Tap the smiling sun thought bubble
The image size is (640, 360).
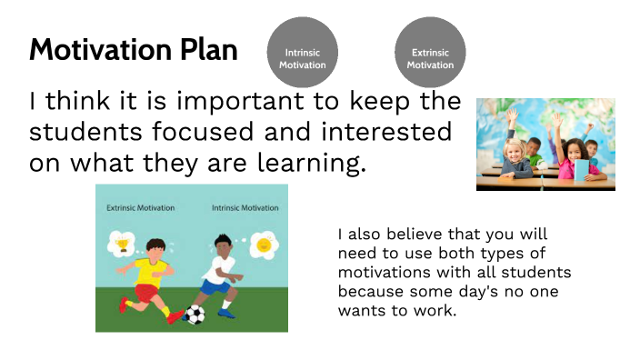(x=263, y=244)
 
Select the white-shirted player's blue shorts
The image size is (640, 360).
(x=216, y=287)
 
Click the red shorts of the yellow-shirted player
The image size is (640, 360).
(x=145, y=291)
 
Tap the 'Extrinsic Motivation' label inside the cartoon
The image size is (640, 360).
(x=141, y=208)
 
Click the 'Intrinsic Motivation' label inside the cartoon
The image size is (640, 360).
(x=245, y=208)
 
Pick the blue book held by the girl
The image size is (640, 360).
(x=582, y=168)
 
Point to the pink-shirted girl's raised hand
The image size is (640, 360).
(x=558, y=119)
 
